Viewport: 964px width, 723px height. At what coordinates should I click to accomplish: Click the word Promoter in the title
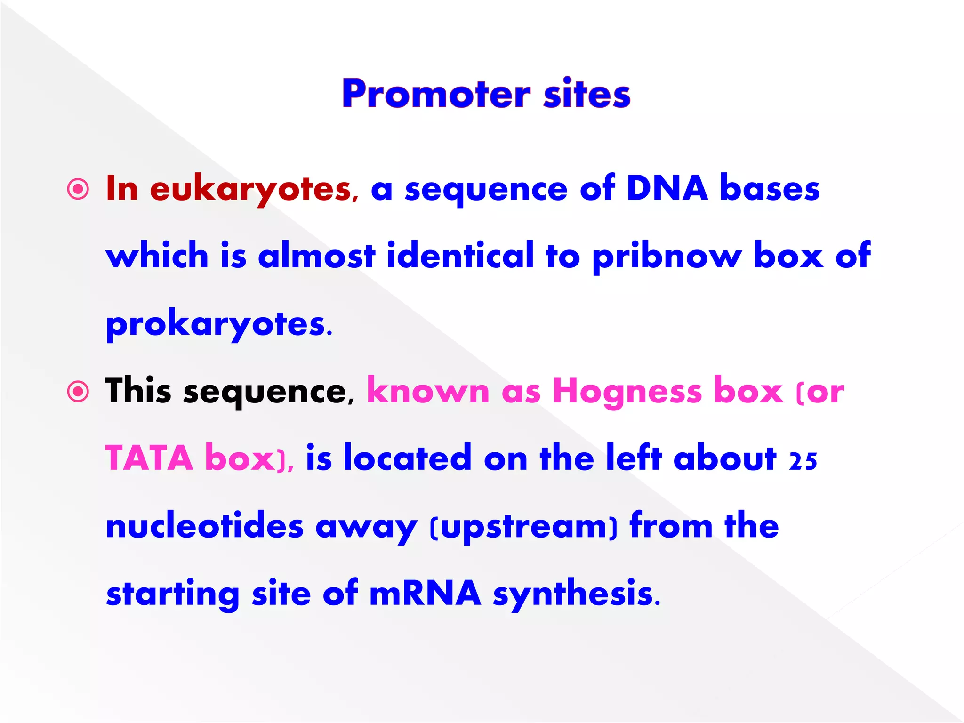point(436,94)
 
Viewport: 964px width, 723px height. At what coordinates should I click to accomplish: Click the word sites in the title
point(586,94)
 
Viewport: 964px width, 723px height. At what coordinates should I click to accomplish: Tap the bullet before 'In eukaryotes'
point(78,190)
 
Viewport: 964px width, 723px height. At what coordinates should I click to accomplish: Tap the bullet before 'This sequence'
point(78,392)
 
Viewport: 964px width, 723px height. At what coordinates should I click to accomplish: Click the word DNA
point(667,188)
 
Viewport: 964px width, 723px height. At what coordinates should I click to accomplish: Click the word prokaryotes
point(219,325)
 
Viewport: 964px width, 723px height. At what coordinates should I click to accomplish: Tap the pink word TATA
point(149,458)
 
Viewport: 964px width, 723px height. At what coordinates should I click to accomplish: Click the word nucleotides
point(205,526)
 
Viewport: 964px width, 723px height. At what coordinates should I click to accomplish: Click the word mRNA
point(425,593)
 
